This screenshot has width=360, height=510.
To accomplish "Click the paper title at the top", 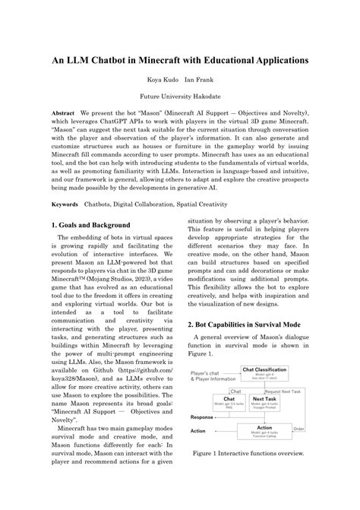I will tap(179, 60).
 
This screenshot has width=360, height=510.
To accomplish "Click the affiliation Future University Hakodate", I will tap(179, 97).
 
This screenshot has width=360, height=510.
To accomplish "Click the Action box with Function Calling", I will tap(265, 430).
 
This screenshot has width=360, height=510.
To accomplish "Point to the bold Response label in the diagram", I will tap(201, 417).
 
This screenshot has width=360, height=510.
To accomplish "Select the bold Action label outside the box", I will tap(198, 431).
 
